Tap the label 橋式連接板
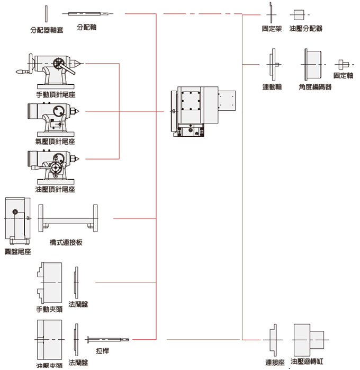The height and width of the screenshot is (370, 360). (66, 242)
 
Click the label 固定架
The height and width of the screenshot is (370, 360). (272, 28)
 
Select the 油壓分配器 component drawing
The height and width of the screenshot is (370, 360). (299, 14)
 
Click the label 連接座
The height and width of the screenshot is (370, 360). (275, 363)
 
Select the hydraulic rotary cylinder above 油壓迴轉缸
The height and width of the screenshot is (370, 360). (309, 339)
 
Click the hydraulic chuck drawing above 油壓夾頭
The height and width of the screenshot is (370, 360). (49, 339)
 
